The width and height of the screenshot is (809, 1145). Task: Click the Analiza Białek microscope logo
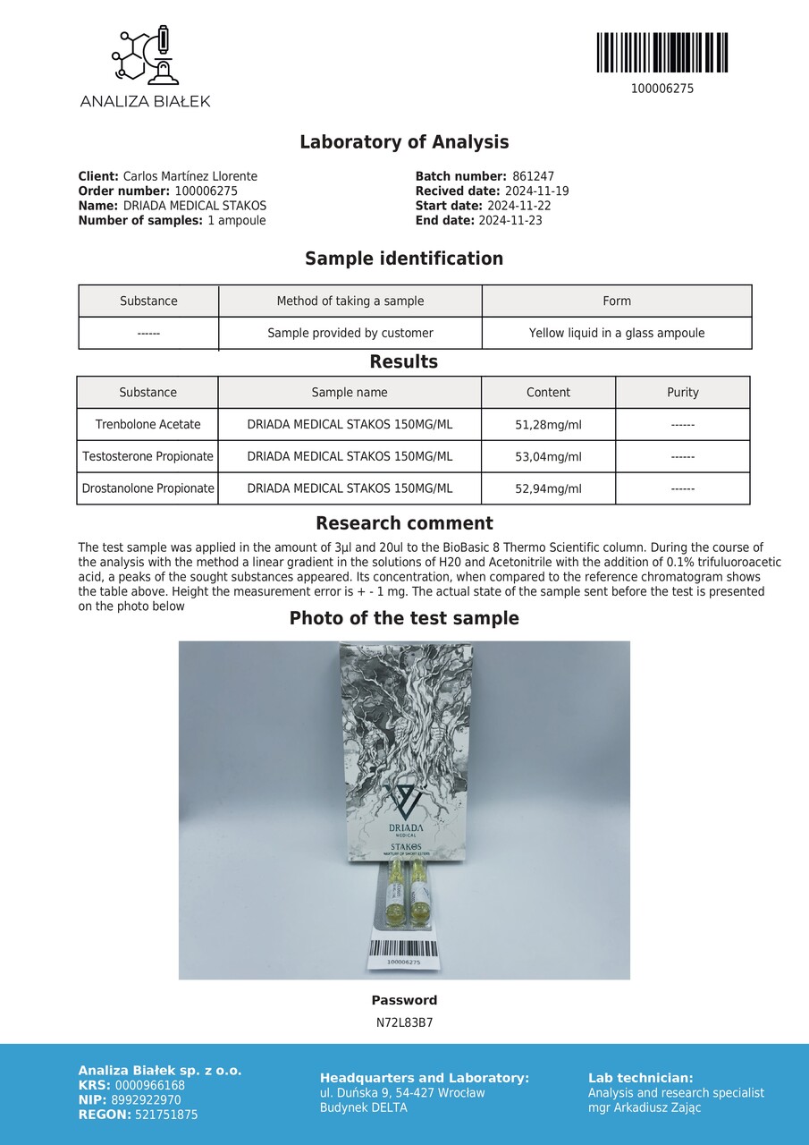[144, 56]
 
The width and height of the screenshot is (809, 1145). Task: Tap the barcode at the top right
[662, 53]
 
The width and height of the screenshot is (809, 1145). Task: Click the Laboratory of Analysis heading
[404, 142]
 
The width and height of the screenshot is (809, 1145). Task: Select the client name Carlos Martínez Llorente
[190, 177]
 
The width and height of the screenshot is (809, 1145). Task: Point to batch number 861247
[534, 177]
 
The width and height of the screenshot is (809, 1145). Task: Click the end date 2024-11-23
[510, 220]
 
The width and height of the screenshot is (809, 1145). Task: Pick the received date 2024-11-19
[536, 191]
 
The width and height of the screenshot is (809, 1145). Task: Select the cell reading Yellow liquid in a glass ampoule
[617, 333]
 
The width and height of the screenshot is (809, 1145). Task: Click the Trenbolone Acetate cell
[148, 425]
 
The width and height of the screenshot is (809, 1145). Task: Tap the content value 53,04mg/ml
[548, 457]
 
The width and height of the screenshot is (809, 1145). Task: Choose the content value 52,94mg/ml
[548, 489]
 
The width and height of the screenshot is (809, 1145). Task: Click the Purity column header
[683, 393]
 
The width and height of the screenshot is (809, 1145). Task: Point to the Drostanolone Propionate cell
[148, 489]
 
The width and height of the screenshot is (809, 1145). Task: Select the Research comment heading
[404, 524]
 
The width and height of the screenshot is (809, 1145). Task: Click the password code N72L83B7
[404, 1022]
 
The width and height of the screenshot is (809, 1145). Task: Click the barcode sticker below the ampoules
[404, 953]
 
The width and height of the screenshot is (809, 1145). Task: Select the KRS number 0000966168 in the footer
[150, 1086]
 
